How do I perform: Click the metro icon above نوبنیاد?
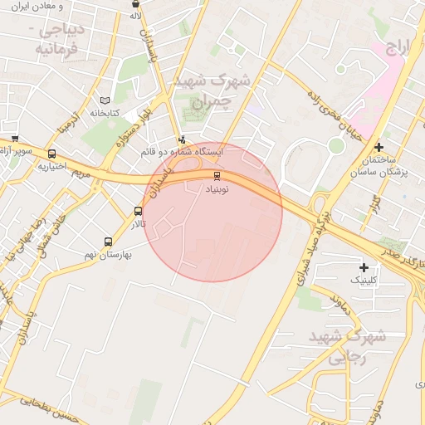tap(217, 175)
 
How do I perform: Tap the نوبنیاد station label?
tap(217, 188)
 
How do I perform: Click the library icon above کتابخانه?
tap(105, 100)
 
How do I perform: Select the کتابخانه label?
tap(105, 113)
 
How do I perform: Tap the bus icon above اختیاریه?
tap(52, 154)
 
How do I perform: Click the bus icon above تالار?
tap(138, 211)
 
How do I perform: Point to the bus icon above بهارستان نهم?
tap(108, 242)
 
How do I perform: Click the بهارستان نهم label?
tap(108, 255)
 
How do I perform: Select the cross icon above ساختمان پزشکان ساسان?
tap(379, 146)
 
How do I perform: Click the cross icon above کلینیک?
tap(364, 267)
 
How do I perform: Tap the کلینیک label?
tap(364, 281)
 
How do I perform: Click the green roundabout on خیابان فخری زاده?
tap(335, 145)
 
